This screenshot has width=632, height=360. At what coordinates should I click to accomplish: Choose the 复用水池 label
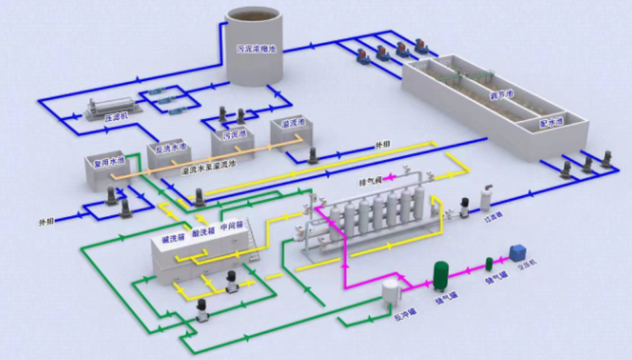(106, 162)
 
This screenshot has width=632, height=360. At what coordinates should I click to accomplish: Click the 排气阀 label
(369, 182)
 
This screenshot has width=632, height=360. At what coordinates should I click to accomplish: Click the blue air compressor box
(519, 252)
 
